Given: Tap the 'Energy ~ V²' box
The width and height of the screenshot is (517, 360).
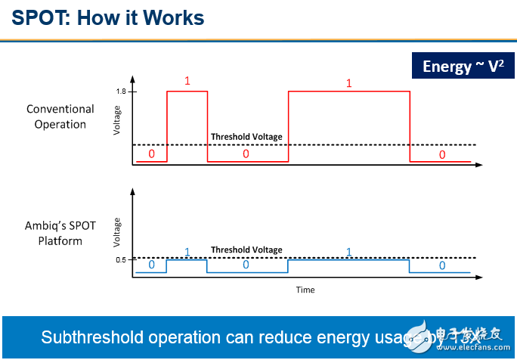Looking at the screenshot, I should (458, 67).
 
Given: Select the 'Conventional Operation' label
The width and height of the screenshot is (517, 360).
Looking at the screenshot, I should (60, 116).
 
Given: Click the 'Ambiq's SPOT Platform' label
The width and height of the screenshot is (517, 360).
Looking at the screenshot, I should (60, 234).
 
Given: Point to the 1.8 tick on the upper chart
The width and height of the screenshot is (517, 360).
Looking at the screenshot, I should (121, 92).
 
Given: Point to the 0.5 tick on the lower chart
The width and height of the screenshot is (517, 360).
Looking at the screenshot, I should (121, 260).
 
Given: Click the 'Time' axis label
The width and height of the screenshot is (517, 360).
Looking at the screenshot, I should (305, 290).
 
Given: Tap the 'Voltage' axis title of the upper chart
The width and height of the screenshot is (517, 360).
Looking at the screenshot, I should (117, 120).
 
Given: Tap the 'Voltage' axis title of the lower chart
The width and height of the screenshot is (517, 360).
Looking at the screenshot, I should (117, 232).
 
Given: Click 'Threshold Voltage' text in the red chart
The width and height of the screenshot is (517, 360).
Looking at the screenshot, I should (246, 137).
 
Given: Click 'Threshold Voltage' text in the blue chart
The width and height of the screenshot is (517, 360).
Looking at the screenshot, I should (246, 250).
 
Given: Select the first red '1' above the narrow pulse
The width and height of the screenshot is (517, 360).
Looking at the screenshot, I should (187, 80).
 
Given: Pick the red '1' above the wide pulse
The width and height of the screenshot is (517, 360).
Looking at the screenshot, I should (349, 82).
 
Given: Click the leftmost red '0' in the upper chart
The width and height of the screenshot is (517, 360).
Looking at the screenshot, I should (151, 154).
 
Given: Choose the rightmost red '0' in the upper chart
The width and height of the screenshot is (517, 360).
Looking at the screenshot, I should (442, 154).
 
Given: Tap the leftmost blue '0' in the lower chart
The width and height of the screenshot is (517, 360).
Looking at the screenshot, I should (151, 265).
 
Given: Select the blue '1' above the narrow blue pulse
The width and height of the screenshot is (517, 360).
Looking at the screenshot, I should (187, 252).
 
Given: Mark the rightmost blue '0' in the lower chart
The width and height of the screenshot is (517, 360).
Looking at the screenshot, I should (442, 265).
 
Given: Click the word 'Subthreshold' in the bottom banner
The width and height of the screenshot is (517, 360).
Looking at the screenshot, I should (88, 337).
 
